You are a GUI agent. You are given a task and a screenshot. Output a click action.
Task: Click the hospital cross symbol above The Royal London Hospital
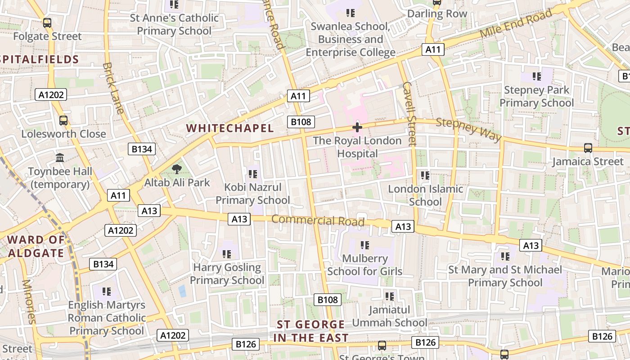(357, 127)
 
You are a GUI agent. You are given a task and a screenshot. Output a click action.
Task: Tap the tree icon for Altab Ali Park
(176, 169)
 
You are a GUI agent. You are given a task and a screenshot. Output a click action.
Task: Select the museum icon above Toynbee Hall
(60, 157)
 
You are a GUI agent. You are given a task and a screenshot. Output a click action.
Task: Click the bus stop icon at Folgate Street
(47, 23)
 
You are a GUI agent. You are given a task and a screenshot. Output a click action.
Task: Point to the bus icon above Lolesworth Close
(63, 121)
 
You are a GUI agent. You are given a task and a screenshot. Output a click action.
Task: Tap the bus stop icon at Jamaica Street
(588, 148)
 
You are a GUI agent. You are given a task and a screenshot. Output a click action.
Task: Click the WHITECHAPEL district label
(230, 128)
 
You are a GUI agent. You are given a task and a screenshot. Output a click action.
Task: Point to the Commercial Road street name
(318, 220)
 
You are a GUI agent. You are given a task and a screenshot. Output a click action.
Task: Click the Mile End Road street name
(516, 24)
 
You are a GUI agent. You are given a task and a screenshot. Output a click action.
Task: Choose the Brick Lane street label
(113, 88)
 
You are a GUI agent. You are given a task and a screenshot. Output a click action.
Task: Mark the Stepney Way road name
(468, 129)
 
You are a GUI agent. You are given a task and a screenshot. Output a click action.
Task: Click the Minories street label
(28, 301)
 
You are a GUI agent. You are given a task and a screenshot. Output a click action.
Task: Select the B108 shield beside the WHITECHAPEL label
(301, 121)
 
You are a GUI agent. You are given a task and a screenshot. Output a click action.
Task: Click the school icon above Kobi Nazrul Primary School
(252, 174)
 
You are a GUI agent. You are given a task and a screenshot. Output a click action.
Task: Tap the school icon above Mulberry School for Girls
(364, 245)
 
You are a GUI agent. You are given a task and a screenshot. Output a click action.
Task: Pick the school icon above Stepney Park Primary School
(536, 76)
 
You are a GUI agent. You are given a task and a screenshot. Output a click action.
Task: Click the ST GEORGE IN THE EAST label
(311, 331)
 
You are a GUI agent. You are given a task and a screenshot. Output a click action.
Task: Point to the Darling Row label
(437, 14)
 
